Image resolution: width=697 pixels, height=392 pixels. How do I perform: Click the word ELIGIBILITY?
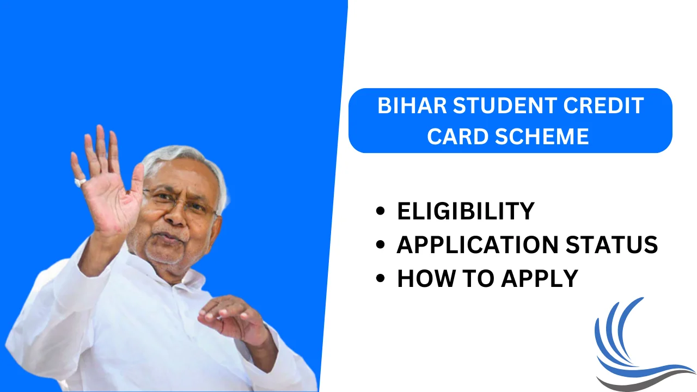click(x=466, y=211)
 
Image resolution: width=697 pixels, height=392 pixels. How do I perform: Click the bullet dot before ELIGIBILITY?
click(x=381, y=212)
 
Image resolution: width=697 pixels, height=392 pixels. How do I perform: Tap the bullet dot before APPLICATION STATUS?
click(x=381, y=246)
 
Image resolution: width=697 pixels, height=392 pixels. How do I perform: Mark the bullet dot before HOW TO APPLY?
click(x=381, y=279)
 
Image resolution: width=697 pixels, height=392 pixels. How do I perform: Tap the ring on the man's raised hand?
click(x=80, y=182)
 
